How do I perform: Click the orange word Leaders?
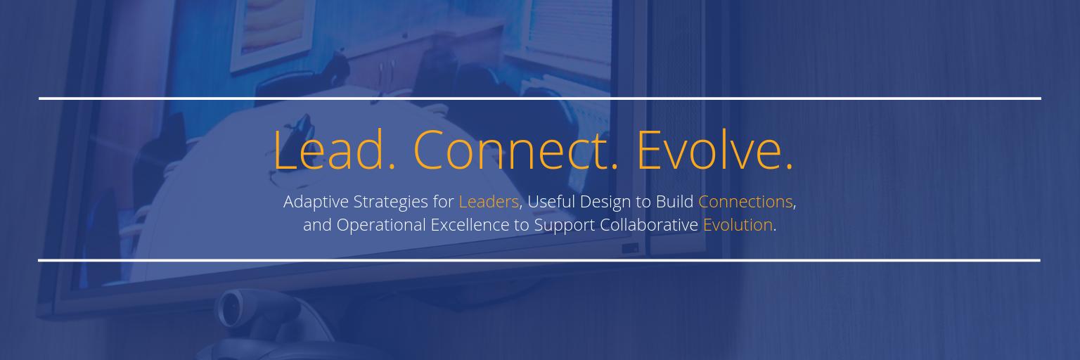(x=489, y=202)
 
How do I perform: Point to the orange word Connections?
(x=745, y=202)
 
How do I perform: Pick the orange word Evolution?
(x=738, y=225)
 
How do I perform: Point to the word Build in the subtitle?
(x=675, y=202)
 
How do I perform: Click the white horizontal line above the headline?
(x=540, y=98)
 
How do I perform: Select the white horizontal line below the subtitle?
(x=540, y=260)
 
